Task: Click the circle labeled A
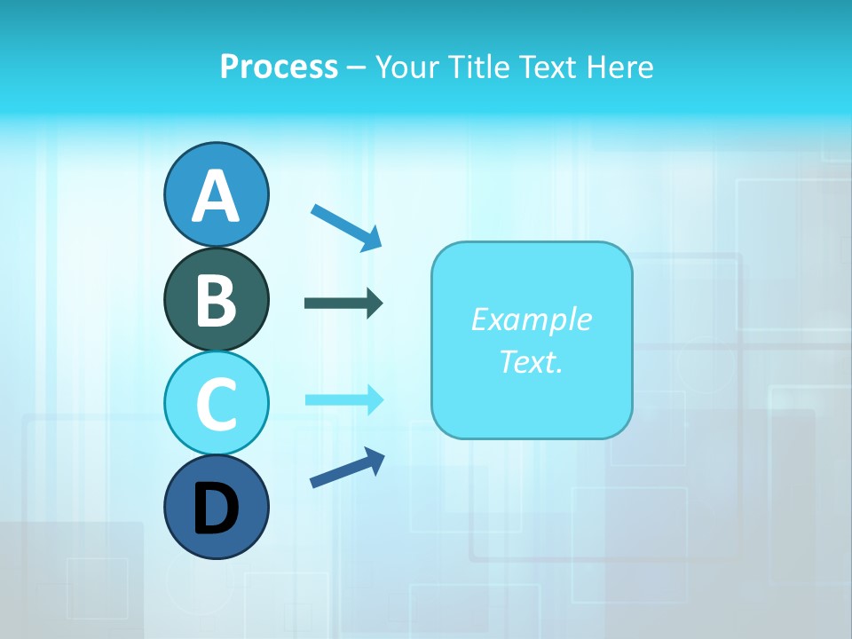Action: pyautogui.click(x=216, y=194)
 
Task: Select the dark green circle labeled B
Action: pyautogui.click(x=216, y=299)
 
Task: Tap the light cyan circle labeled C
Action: pyautogui.click(x=216, y=403)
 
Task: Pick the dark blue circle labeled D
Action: pyautogui.click(x=216, y=507)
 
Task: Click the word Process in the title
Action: pyautogui.click(x=279, y=67)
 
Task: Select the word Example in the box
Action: pyautogui.click(x=531, y=319)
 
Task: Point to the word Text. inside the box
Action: pyautogui.click(x=531, y=362)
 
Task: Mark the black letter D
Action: pyautogui.click(x=216, y=509)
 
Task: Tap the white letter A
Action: pyautogui.click(x=216, y=196)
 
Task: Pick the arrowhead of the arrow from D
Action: pyautogui.click(x=375, y=458)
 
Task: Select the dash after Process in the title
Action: pyautogui.click(x=357, y=67)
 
